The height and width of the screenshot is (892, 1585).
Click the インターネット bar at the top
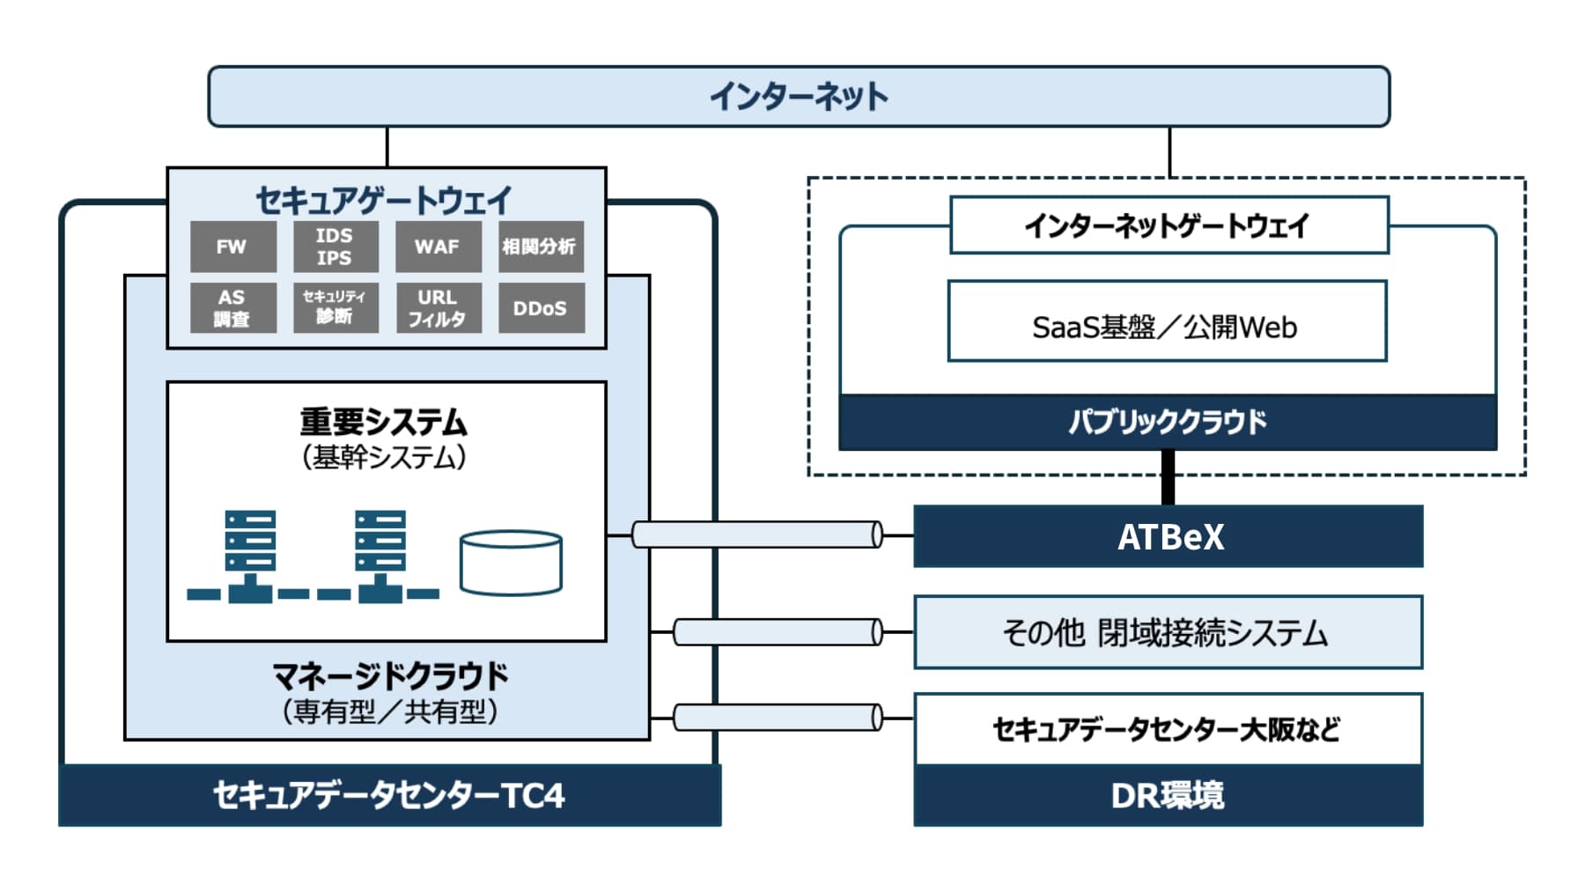coord(799,96)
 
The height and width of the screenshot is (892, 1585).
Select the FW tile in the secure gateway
coord(232,247)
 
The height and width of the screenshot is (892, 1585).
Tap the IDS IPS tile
coord(335,247)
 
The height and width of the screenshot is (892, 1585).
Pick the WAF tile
coord(438,247)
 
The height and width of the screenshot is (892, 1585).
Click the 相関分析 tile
coord(540,247)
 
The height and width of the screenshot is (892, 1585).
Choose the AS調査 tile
coord(232,307)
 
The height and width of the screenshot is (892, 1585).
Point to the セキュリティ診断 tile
coord(335,307)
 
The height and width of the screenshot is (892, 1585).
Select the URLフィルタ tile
coord(438,307)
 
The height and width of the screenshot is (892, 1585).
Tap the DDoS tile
coord(540,307)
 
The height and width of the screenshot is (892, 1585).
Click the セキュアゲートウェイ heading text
coord(384,200)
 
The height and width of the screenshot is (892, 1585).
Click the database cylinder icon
coord(511,563)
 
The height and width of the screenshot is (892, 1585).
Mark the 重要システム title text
coord(384,422)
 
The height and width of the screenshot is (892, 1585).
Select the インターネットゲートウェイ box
coord(1168,225)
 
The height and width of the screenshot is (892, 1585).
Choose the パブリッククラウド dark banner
coord(1168,422)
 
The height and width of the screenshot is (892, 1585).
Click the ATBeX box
coord(1168,536)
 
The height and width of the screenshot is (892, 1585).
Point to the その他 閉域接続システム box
coord(1168,632)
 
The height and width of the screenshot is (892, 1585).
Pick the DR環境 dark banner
coord(1168,795)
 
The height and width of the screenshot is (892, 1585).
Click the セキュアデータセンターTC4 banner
coord(389,795)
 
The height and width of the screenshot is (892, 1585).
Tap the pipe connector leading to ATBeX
coord(757,534)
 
